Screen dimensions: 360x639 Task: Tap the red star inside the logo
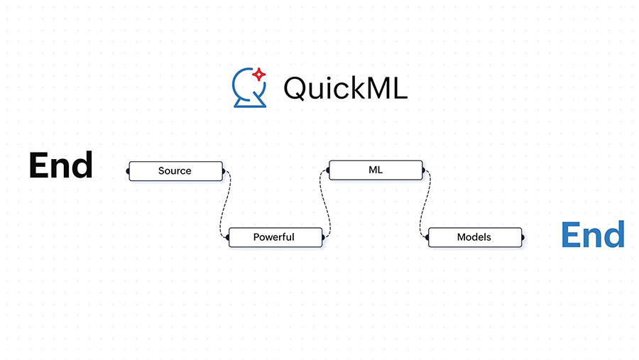point(259,73)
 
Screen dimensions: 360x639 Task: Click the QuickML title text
point(345,88)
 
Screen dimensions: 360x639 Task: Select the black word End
point(60,165)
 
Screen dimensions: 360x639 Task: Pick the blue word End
point(592,234)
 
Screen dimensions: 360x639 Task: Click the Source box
point(175,171)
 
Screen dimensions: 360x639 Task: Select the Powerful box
point(275,237)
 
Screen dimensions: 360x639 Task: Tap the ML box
point(376,170)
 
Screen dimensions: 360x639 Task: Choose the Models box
point(474,237)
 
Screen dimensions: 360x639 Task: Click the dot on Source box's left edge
point(129,171)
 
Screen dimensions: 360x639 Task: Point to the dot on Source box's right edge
point(223,171)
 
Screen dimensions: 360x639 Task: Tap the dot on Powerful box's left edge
point(228,237)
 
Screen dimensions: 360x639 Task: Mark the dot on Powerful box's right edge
point(323,237)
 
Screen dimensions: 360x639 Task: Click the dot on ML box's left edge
point(329,170)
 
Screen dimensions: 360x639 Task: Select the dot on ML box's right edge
point(424,170)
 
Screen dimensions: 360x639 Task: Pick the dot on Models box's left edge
point(428,237)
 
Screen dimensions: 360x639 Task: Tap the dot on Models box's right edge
point(523,237)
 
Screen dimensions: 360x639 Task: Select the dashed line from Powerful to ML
point(327,204)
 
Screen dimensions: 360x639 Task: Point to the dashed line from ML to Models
point(426,204)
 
